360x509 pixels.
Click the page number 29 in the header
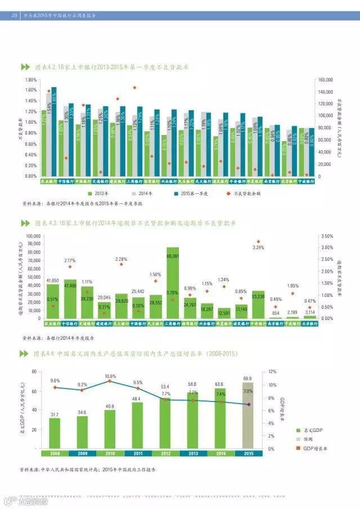14,15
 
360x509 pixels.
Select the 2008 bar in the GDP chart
55,433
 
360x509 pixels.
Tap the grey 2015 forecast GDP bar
247,416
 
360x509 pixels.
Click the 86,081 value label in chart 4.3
173,256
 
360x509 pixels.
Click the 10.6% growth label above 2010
110,376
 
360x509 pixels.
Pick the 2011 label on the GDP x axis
137,453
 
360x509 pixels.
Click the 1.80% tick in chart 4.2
30,80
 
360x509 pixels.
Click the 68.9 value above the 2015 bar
247,379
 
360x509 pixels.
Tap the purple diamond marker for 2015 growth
248,404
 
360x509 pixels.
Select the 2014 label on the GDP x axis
220,453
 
